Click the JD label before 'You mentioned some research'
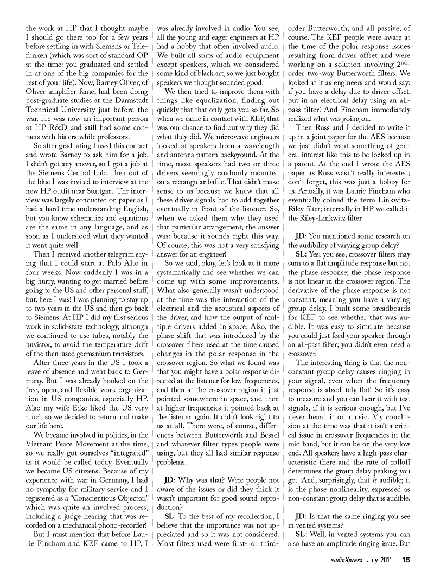point(299,236)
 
